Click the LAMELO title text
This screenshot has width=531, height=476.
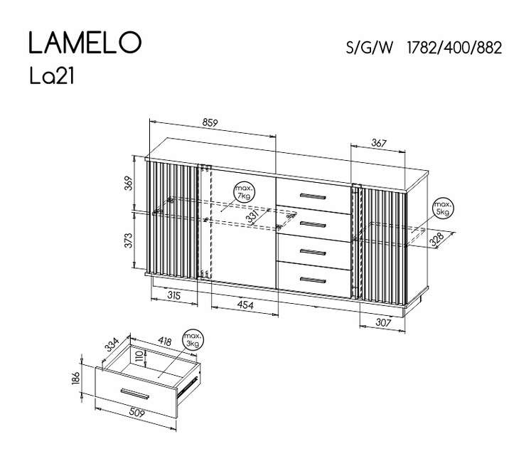(85, 43)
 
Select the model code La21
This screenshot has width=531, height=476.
(52, 76)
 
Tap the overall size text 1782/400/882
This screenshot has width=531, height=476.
(454, 48)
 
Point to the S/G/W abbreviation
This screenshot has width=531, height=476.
(369, 48)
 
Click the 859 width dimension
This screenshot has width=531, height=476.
(210, 122)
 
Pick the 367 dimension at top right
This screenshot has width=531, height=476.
(379, 144)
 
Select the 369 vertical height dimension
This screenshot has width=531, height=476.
(129, 183)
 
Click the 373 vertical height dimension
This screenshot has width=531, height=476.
(129, 240)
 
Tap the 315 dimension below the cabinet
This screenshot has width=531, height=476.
(174, 295)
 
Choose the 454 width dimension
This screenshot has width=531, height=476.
(245, 305)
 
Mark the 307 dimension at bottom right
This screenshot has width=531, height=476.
(383, 322)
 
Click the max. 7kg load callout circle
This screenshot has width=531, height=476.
(244, 192)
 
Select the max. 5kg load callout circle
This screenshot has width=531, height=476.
(444, 208)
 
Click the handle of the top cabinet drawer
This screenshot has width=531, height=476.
(313, 196)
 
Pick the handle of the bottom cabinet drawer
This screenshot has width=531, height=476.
(313, 280)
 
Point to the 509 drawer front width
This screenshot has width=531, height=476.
(136, 413)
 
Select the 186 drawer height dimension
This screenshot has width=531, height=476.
(76, 378)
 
